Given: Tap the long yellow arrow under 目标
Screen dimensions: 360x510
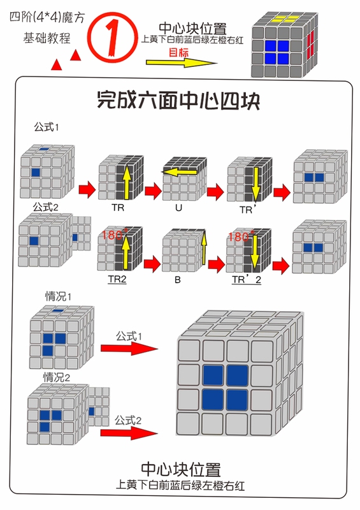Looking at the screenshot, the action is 182,62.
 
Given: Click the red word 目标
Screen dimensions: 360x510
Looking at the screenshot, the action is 178,52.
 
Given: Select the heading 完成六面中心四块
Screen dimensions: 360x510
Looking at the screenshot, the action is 178,100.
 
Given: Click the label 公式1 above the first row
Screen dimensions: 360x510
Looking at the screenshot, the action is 47,127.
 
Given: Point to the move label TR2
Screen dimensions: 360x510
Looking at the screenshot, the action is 117,279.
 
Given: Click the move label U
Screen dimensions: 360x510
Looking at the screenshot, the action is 178,208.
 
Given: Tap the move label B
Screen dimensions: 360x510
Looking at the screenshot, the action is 178,280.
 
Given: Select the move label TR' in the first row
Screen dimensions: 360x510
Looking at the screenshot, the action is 248,209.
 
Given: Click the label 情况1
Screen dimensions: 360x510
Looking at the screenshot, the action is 58,296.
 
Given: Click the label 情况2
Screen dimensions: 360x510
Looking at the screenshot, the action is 57,377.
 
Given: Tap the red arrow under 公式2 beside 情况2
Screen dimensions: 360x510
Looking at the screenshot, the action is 129,433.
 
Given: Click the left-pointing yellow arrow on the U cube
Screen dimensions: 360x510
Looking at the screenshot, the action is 180,172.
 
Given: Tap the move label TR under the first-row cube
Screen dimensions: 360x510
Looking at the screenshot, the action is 118,207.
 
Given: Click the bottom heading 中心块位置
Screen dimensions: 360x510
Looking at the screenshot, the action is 181,470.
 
